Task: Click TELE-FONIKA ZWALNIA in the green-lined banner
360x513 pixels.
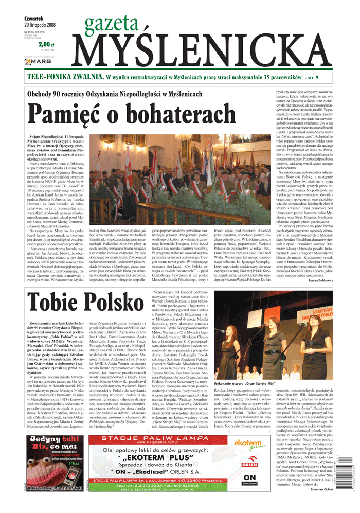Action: (65, 77)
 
